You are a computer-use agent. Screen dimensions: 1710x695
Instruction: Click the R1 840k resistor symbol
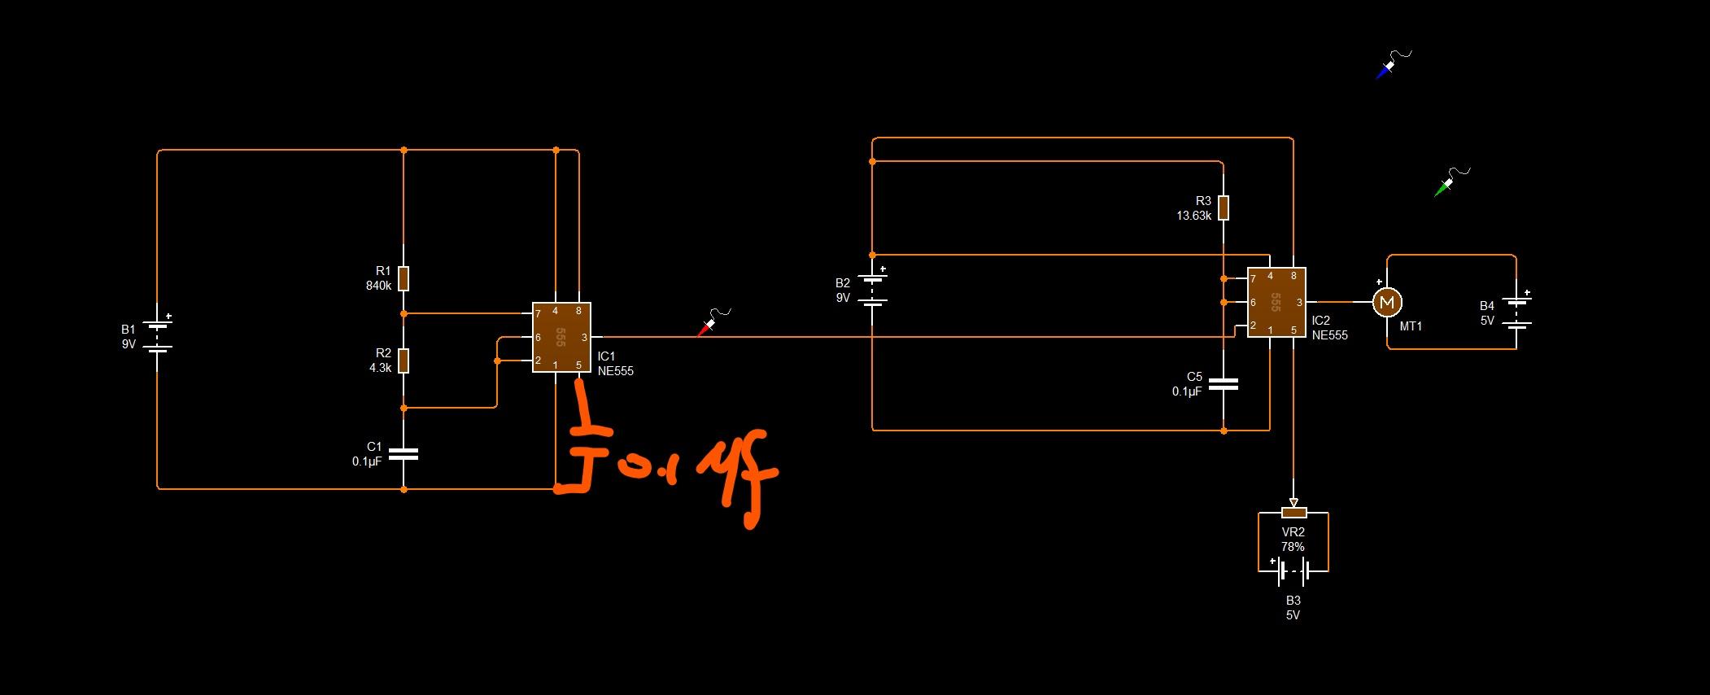coord(404,278)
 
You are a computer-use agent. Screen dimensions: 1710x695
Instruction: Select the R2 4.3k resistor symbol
coord(404,361)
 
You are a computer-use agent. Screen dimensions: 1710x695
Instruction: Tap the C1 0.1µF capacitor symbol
coord(404,454)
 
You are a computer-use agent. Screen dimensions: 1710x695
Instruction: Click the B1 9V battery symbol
coord(158,336)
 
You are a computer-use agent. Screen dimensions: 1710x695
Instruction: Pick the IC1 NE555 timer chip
coord(561,337)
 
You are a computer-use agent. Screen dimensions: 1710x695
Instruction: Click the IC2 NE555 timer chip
coord(1276,302)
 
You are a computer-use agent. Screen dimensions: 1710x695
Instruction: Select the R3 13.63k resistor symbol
coord(1223,208)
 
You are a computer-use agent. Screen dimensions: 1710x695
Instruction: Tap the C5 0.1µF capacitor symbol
coord(1223,383)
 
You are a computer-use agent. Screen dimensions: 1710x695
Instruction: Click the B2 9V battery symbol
coord(872,290)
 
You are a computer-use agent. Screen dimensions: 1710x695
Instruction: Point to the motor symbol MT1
coord(1387,303)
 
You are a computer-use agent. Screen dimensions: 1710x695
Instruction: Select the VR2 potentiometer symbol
coord(1293,512)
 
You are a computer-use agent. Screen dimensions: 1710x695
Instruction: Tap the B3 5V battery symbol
coord(1293,571)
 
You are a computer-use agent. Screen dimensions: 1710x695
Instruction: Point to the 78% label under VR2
coord(1293,547)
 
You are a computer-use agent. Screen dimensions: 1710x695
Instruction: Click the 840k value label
coord(378,286)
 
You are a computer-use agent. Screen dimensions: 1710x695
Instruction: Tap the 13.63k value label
coord(1193,216)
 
